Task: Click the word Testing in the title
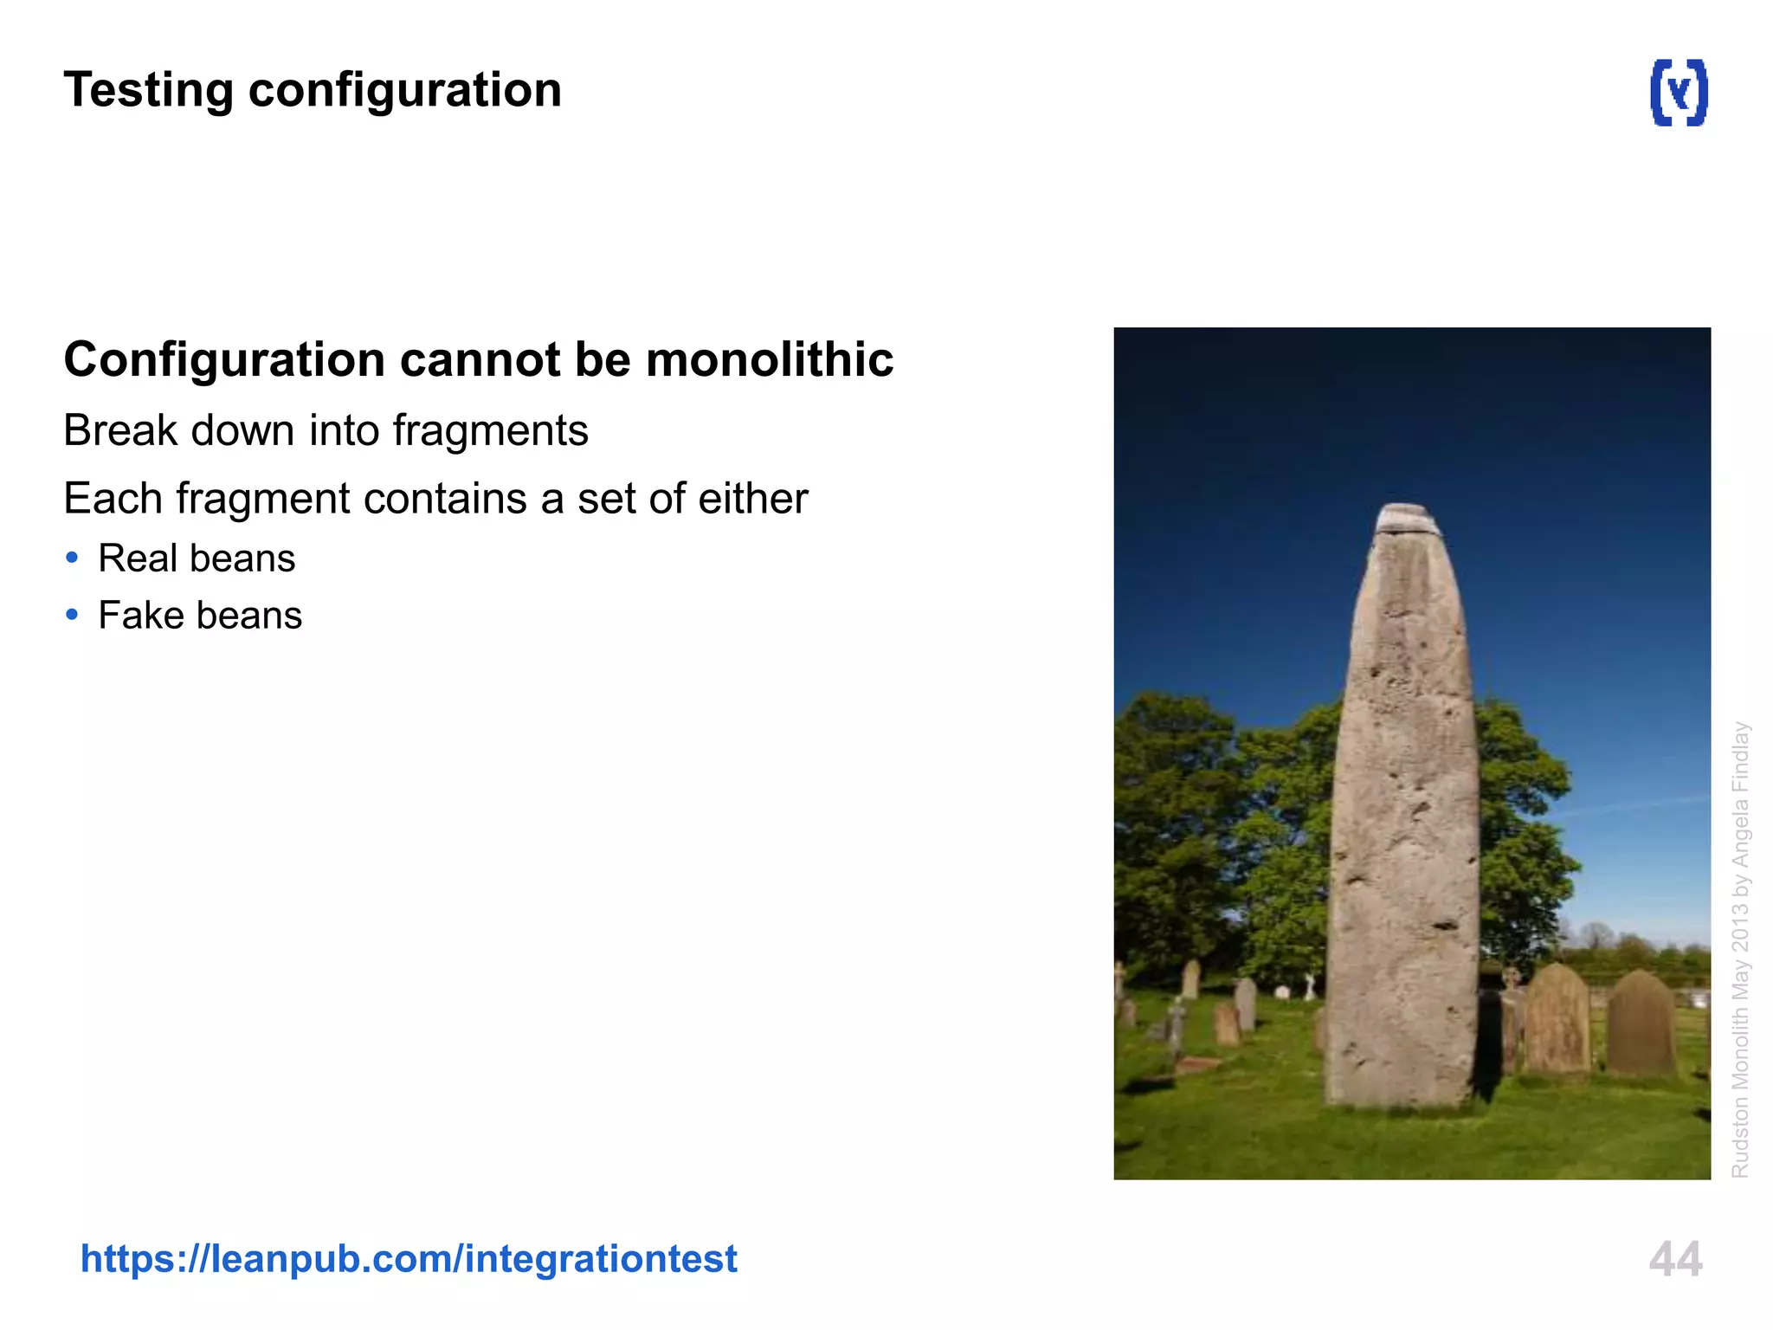pos(148,91)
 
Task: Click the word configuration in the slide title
pos(405,91)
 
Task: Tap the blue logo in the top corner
pos(1678,93)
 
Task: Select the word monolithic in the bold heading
pos(770,359)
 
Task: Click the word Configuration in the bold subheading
pos(224,361)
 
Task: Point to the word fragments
pos(490,431)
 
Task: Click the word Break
pos(120,430)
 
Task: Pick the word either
pos(753,499)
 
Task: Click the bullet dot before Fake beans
pos(72,615)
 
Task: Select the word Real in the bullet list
pos(138,558)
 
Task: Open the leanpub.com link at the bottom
pos(409,1258)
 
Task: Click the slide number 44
pos(1675,1259)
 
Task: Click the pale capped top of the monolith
pos(1408,519)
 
